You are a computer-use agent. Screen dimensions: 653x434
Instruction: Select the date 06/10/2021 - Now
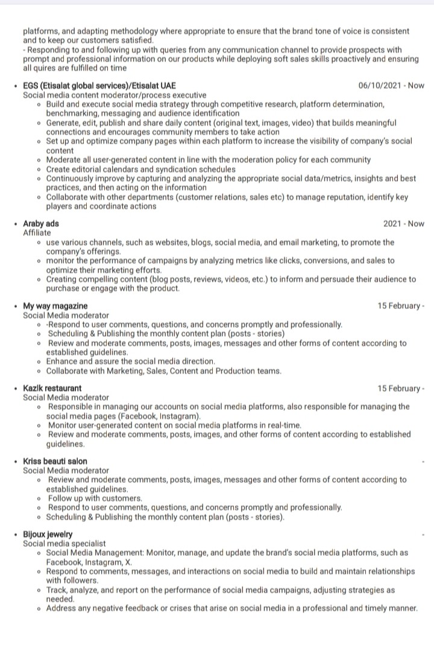point(391,86)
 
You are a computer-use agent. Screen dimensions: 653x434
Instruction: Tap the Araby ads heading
point(41,224)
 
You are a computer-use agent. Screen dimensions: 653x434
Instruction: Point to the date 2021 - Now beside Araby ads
point(403,224)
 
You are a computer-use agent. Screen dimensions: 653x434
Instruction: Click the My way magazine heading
point(55,306)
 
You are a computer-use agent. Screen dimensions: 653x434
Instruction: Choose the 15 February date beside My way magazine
point(401,306)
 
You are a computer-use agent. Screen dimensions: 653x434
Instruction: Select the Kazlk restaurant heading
point(52,389)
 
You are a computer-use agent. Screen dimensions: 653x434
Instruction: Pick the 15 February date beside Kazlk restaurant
point(401,389)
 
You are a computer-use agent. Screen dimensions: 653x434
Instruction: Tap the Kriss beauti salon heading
point(55,462)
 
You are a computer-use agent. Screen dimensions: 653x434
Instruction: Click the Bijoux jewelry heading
point(48,535)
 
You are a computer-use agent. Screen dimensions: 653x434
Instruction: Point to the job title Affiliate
point(37,233)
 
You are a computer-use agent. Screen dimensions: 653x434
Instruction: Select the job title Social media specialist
point(64,544)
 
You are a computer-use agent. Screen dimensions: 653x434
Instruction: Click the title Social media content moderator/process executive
point(115,95)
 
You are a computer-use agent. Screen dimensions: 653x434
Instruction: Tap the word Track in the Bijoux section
point(57,590)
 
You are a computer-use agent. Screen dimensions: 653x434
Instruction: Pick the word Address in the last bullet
point(61,608)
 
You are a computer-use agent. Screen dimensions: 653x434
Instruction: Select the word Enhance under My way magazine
point(63,362)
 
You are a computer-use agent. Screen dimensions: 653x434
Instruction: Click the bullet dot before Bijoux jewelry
point(16,535)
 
